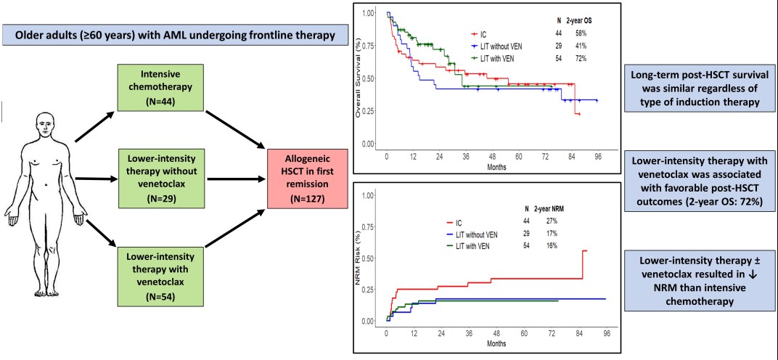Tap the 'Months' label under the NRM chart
point(496,343)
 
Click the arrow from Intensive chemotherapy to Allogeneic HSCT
point(233,128)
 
